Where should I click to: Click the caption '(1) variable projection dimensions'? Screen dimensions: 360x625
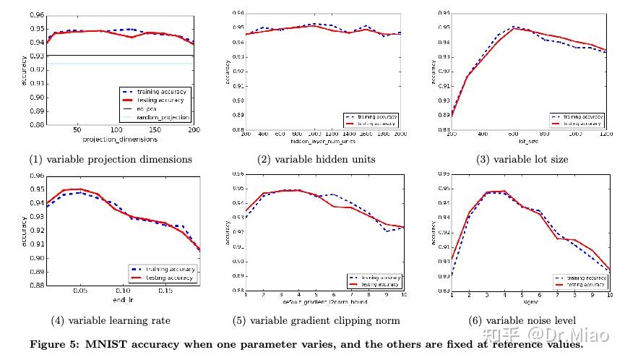[111, 159]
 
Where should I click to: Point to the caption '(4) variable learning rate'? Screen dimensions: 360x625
[111, 320]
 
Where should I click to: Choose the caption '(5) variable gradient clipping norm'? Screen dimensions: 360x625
[316, 320]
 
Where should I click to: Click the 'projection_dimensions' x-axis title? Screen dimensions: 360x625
[119, 139]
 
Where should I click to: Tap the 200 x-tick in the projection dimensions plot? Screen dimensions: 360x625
[194, 131]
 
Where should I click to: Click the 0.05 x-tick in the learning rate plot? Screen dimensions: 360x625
[80, 291]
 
